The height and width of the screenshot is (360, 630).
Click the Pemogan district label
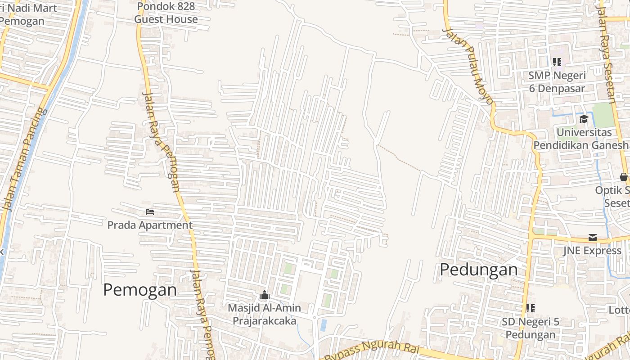tap(140, 290)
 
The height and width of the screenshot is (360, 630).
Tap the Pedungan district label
tap(479, 270)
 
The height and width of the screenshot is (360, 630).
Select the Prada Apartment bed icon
tap(150, 212)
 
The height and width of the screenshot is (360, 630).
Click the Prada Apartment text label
tap(150, 225)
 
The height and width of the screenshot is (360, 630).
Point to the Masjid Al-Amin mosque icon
tap(265, 295)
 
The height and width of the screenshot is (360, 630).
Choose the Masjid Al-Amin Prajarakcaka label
tap(265, 315)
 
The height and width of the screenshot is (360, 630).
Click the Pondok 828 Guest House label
tap(166, 13)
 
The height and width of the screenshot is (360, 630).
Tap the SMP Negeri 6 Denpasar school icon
tap(557, 62)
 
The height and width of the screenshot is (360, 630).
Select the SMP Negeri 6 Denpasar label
tap(557, 82)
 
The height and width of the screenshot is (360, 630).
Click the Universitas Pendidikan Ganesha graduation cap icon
tap(584, 119)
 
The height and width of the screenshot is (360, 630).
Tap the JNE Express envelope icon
tap(592, 238)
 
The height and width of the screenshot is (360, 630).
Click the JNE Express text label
tap(592, 251)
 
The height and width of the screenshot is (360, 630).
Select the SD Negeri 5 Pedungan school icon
tap(531, 308)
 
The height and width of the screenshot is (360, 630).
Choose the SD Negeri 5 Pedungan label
tap(531, 328)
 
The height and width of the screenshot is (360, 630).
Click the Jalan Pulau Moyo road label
tap(468, 65)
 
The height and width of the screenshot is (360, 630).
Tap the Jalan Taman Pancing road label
tap(25, 160)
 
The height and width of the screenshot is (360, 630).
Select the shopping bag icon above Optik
tap(624, 177)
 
